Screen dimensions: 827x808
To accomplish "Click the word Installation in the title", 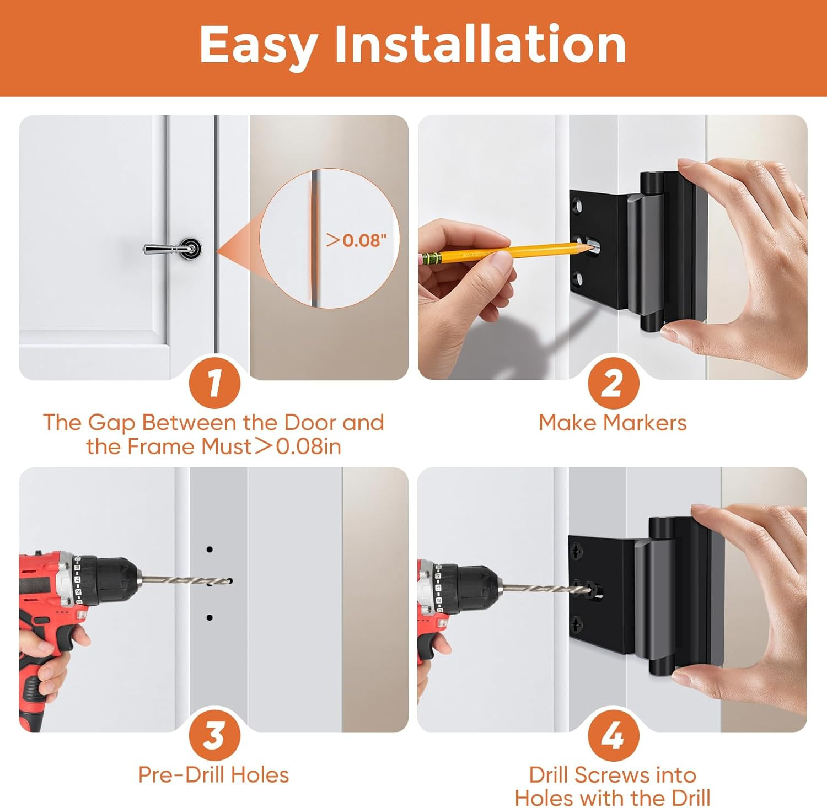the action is (480, 44).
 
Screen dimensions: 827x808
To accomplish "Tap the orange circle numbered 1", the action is (214, 382).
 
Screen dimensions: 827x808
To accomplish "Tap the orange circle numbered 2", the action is (613, 382).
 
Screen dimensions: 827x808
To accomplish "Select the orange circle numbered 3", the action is (214, 735).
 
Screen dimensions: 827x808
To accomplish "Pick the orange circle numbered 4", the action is (613, 735).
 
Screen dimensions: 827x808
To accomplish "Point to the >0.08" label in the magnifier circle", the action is (356, 240).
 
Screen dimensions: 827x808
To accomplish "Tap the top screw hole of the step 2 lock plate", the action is (578, 207).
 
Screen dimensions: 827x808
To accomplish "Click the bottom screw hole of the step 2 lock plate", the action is (578, 279).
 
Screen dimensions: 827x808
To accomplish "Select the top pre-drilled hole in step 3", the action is (210, 550).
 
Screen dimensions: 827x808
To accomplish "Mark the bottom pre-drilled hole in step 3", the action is (210, 618).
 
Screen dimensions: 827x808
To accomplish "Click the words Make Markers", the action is (613, 423).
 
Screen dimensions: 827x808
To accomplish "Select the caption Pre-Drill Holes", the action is (213, 775).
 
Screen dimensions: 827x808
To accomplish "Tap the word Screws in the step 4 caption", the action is (612, 775).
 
